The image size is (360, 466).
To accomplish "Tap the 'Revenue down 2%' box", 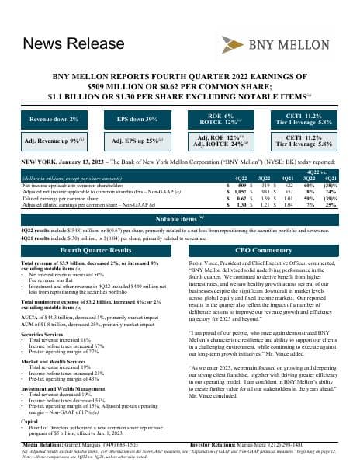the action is coord(54,120).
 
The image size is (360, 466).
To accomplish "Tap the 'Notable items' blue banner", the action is coord(180,220).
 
